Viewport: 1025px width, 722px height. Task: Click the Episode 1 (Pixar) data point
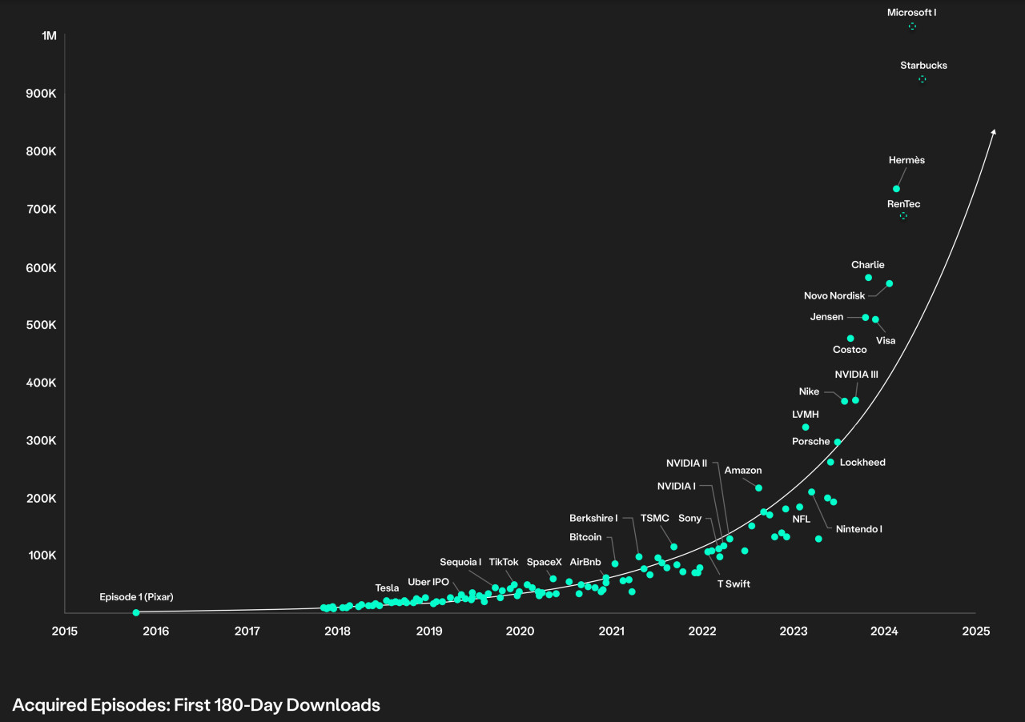point(135,612)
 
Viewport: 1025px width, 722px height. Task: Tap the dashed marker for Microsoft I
point(912,26)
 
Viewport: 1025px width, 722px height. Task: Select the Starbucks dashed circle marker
point(922,78)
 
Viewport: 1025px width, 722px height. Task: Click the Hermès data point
point(896,189)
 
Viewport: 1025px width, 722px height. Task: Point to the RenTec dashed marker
point(903,216)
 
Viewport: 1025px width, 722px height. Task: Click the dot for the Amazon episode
point(758,487)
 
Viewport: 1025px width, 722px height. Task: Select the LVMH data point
point(806,427)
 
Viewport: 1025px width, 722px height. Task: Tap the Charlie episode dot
point(868,278)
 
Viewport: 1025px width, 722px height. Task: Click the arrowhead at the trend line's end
point(994,132)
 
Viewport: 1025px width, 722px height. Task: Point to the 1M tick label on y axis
point(49,36)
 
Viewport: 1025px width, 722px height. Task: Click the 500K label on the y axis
point(41,325)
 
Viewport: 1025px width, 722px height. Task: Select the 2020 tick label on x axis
point(521,631)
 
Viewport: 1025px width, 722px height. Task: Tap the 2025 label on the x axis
point(976,631)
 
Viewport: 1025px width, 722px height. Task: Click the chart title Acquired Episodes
point(196,704)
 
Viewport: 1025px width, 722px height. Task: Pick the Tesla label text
point(387,588)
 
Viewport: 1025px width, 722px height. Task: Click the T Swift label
point(733,584)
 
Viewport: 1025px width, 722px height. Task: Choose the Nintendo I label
point(858,529)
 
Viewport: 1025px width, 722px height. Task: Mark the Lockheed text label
point(862,463)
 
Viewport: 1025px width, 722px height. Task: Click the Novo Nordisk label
point(834,296)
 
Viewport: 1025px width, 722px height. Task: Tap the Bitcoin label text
point(585,537)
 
